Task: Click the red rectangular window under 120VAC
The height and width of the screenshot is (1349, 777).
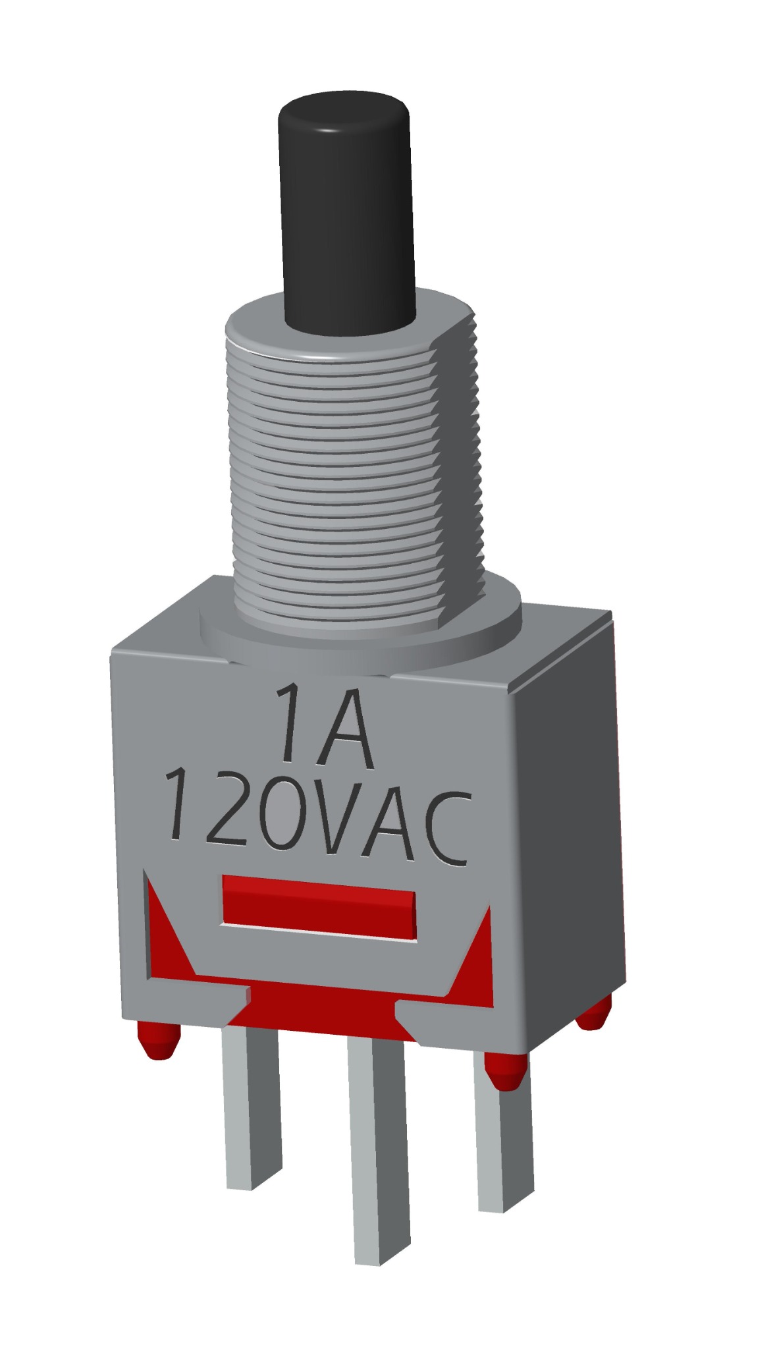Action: tap(319, 908)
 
